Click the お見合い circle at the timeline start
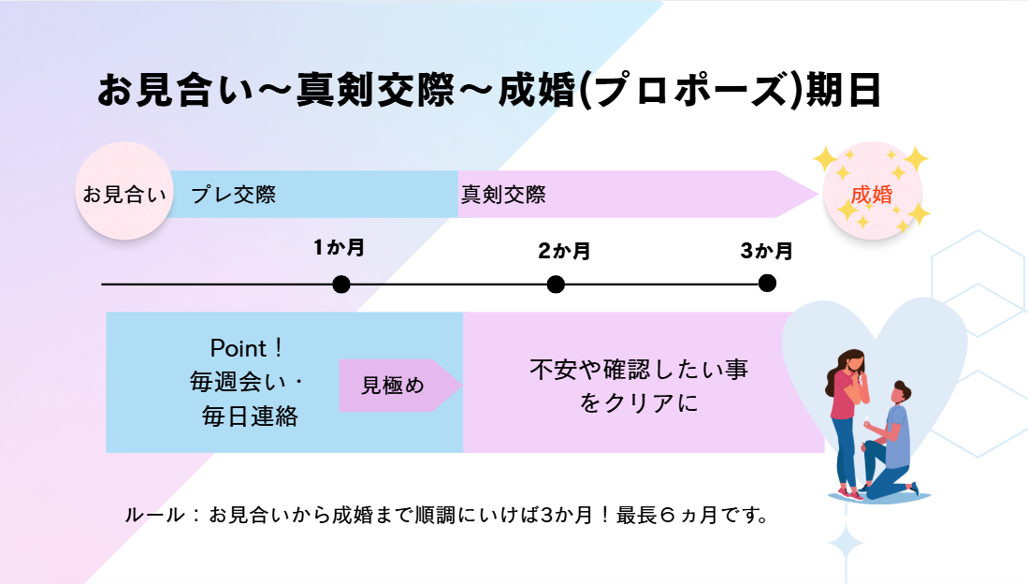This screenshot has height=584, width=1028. coord(123,191)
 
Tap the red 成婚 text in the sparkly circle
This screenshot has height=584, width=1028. coord(871,195)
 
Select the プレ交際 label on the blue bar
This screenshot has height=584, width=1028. coord(234,195)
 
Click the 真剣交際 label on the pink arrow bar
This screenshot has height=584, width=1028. coord(503,195)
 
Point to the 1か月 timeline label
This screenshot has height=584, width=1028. coord(339,247)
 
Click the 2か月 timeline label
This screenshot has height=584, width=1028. coord(564,251)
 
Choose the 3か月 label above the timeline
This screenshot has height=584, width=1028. coord(766,251)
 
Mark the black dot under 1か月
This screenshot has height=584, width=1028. coord(340,285)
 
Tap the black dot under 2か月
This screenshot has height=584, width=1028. coord(556,285)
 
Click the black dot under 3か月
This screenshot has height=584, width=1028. coord(767,283)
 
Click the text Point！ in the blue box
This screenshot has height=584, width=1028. coord(247,348)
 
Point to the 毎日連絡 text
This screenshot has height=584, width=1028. coord(250,416)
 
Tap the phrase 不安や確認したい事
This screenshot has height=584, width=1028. coord(639,369)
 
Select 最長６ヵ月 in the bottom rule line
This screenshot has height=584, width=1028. coord(657,515)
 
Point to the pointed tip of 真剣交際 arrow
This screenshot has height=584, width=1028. coord(818,195)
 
